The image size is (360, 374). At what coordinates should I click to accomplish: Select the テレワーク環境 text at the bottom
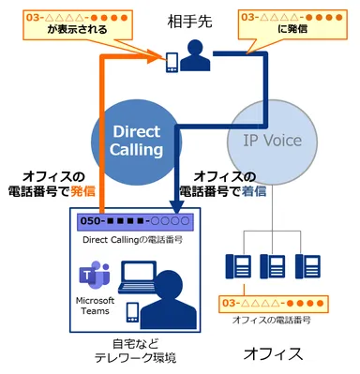coord(130,358)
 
